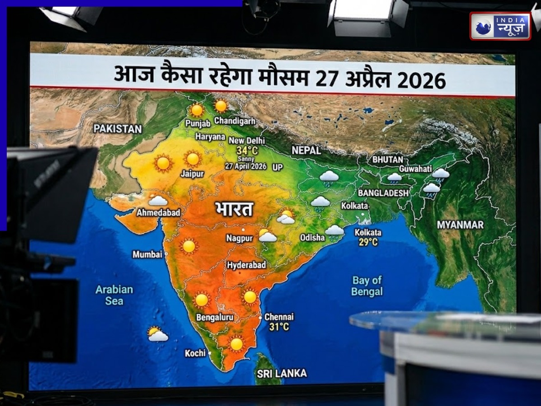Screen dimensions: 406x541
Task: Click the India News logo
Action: coord(500,26)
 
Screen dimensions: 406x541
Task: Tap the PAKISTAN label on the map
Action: coord(117,129)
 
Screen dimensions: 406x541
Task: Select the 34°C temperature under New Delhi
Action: coord(247,151)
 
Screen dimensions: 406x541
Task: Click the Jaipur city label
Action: coord(193,174)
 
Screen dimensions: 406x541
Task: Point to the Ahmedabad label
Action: coord(158,212)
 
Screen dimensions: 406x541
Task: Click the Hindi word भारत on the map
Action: coord(234,209)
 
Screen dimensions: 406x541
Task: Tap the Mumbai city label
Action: coord(147,254)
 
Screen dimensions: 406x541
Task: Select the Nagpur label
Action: coord(239,238)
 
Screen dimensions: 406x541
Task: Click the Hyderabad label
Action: coord(247,265)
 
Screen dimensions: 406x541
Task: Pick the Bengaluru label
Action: coord(215,318)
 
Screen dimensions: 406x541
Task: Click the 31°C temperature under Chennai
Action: coord(279,327)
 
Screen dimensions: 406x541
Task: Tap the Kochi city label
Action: coord(195,353)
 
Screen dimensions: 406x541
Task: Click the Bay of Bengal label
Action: coord(367,286)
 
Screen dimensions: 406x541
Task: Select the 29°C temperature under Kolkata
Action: coord(368,243)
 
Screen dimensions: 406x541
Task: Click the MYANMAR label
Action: coord(460,225)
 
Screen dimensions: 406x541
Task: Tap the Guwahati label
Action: coord(415,168)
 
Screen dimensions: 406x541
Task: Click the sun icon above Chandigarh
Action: coord(221,106)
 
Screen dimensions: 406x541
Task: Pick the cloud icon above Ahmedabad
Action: coord(158,200)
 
